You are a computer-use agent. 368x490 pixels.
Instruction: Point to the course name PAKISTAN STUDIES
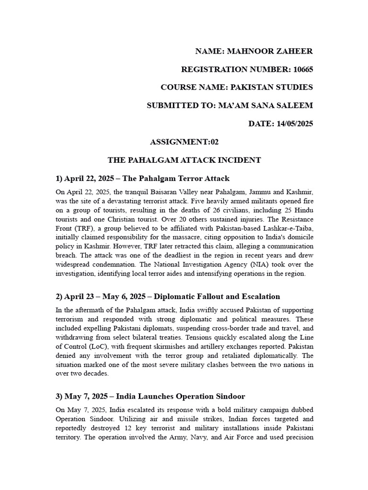coord(272,87)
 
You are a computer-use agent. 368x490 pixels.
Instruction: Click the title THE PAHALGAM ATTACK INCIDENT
coord(184,160)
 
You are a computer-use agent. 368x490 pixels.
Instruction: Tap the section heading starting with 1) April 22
coord(143,178)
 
